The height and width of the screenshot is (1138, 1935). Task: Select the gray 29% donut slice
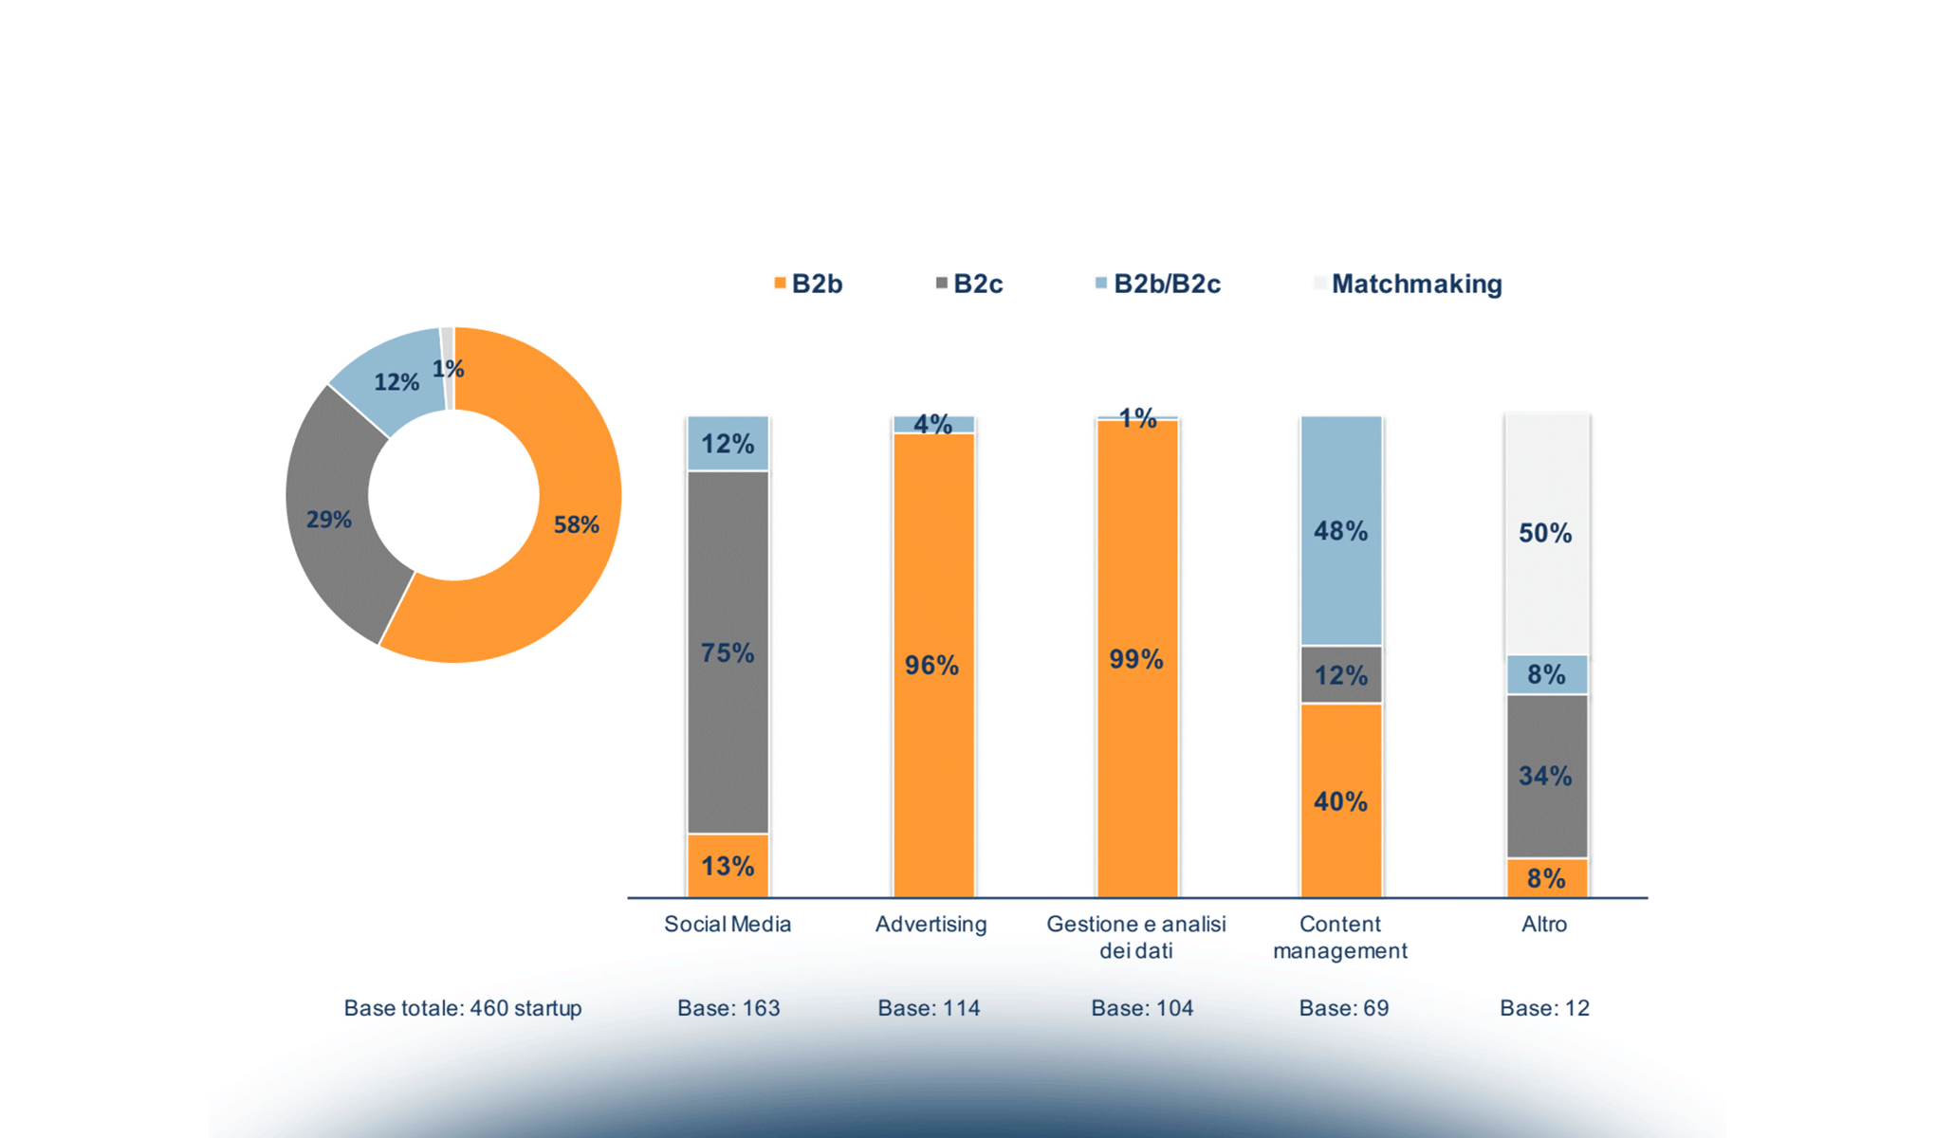(330, 520)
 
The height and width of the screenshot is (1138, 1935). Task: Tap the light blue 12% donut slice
(396, 382)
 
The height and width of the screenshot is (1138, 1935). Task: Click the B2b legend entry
(809, 284)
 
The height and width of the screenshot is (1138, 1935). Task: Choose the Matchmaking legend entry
(1409, 284)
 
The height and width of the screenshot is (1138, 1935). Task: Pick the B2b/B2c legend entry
(1158, 284)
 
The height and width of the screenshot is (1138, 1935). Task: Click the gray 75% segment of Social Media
(728, 652)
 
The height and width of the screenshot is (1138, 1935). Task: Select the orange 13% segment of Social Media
(728, 866)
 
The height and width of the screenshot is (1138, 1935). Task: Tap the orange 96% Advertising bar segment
(932, 665)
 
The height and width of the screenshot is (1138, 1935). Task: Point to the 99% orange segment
(1136, 659)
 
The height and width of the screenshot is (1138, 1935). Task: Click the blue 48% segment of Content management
(1340, 531)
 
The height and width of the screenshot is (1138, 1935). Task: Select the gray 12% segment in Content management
(1340, 675)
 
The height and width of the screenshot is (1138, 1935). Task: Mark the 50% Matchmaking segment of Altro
(1546, 533)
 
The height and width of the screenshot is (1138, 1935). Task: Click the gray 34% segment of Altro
(1546, 776)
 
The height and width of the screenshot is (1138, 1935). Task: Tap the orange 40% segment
(1340, 801)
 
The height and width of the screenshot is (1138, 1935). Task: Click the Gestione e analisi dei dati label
(1136, 937)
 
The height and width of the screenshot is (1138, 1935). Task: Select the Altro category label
(1544, 924)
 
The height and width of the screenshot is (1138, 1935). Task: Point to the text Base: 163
(728, 1008)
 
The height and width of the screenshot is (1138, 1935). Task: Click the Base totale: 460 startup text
(463, 1008)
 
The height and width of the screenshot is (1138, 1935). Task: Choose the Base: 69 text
(1343, 1008)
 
